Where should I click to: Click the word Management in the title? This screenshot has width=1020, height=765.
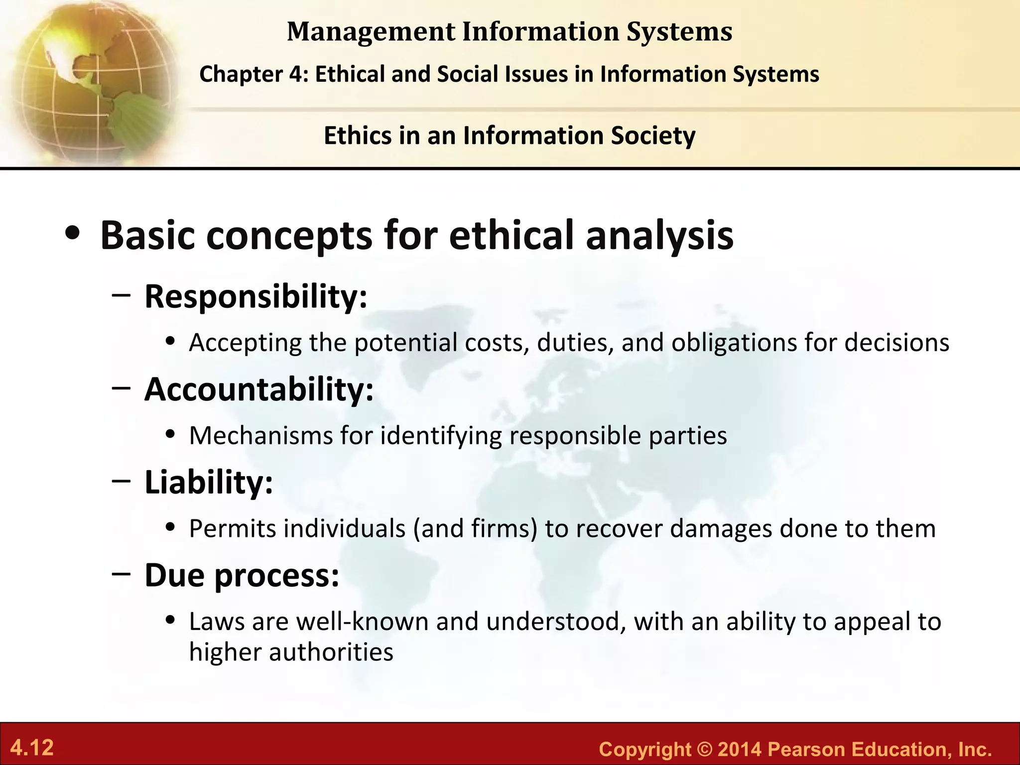[x=371, y=31]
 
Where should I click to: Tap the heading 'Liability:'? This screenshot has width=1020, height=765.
[x=209, y=482]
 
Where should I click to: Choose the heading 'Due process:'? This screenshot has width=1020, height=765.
[x=242, y=575]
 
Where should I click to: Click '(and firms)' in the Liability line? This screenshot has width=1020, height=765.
[x=475, y=528]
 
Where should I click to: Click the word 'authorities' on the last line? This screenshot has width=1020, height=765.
[x=331, y=652]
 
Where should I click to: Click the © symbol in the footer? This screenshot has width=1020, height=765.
[x=704, y=749]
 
